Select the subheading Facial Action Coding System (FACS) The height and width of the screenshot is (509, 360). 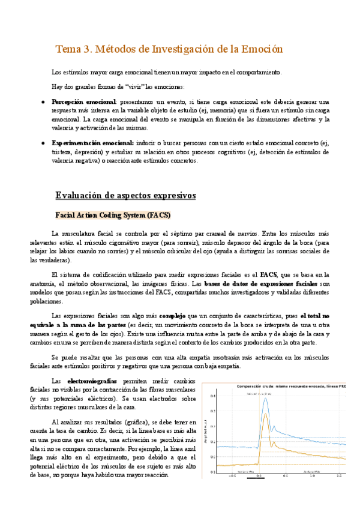coord(113,214)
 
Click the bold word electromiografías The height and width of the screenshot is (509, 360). coord(92,381)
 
